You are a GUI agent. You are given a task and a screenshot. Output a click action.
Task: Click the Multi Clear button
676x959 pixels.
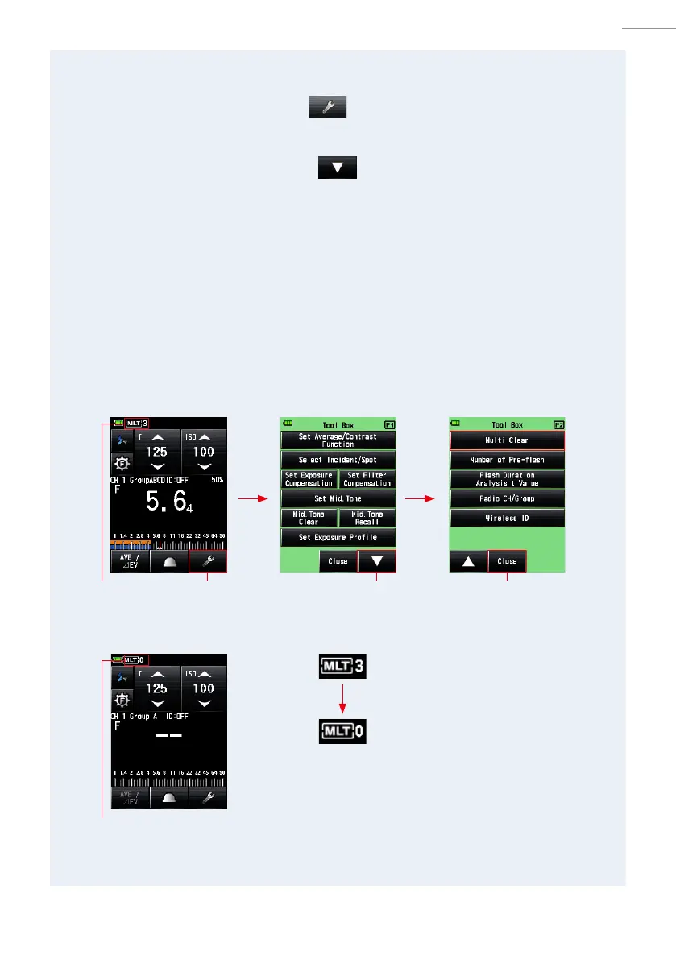click(507, 440)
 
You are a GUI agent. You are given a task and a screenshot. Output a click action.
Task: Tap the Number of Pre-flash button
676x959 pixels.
click(507, 460)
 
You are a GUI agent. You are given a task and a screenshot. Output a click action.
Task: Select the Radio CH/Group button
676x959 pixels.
click(507, 498)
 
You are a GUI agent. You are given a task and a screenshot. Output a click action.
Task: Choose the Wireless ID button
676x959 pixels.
click(507, 518)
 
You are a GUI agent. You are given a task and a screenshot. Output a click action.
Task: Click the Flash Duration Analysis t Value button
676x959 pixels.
click(507, 479)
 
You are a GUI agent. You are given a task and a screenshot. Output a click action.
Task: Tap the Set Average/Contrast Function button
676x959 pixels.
click(338, 440)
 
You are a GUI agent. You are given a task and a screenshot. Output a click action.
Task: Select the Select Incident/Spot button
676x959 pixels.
click(338, 460)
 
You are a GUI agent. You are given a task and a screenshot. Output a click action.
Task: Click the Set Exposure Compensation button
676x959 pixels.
click(309, 479)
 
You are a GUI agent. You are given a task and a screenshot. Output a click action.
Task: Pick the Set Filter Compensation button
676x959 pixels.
click(367, 479)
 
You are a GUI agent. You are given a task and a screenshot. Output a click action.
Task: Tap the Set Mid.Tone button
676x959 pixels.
click(338, 498)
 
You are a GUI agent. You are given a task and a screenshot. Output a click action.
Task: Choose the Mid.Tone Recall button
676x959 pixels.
click(367, 518)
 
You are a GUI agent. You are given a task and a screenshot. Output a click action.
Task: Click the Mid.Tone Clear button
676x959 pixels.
click(309, 518)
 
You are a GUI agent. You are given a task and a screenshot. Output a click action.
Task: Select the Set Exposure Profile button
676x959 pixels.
click(338, 537)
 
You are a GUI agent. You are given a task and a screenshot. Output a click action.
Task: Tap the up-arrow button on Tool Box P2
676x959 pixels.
click(468, 561)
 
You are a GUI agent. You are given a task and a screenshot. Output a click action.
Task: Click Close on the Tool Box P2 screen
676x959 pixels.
click(507, 561)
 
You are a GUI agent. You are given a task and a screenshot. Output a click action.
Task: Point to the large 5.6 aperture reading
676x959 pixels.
click(167, 502)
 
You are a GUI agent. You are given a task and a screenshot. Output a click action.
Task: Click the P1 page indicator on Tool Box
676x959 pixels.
click(391, 424)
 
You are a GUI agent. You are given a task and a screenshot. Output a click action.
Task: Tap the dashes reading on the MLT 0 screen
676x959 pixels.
click(168, 735)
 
